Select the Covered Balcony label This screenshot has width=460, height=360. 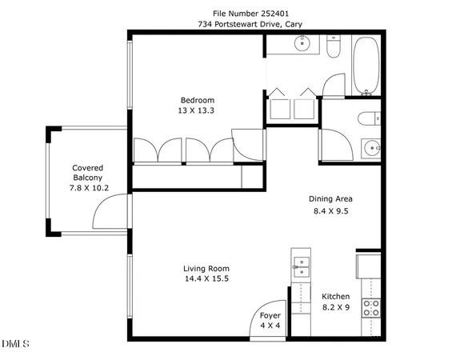87,172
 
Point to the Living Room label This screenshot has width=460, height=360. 206,268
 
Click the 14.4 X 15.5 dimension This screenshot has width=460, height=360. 206,279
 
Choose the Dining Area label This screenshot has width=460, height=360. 330,199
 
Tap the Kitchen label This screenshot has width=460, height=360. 336,295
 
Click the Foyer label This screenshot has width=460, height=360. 270,315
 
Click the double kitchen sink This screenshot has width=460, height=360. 302,266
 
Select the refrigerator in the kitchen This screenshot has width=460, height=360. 368,265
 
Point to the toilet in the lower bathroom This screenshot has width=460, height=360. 367,120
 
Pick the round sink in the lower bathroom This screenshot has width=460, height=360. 370,149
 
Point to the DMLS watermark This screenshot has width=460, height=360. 15,344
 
